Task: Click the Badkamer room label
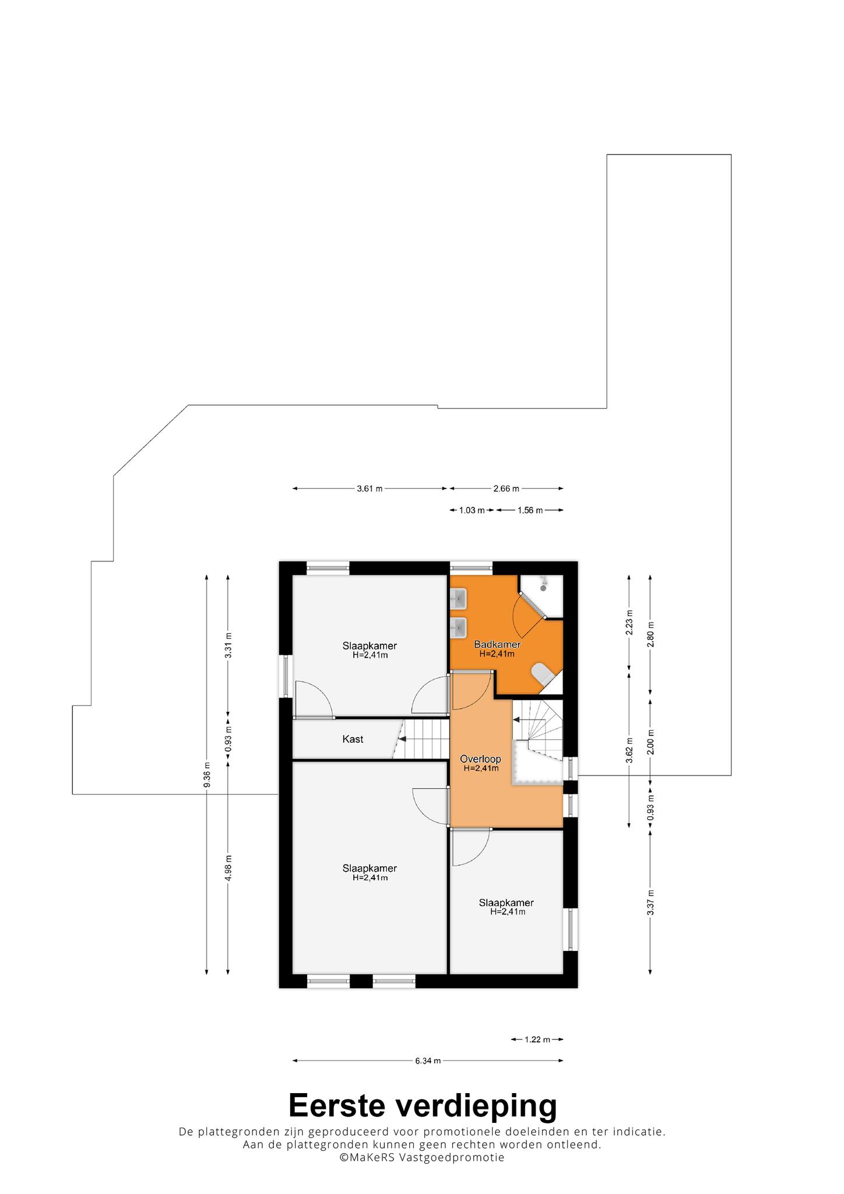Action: [497, 644]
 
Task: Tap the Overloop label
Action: [480, 759]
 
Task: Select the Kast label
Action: [353, 739]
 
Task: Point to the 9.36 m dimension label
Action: [207, 774]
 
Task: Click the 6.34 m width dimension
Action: [428, 1060]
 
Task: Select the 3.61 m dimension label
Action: [370, 489]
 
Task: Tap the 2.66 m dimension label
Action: [506, 489]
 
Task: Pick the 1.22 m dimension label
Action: [537, 1039]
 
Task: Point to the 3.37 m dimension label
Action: [650, 902]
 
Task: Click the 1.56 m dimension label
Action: [530, 510]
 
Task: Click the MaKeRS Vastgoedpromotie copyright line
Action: [423, 1158]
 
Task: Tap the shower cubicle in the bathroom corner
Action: [541, 596]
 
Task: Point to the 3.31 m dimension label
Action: [228, 645]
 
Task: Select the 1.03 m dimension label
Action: [472, 510]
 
